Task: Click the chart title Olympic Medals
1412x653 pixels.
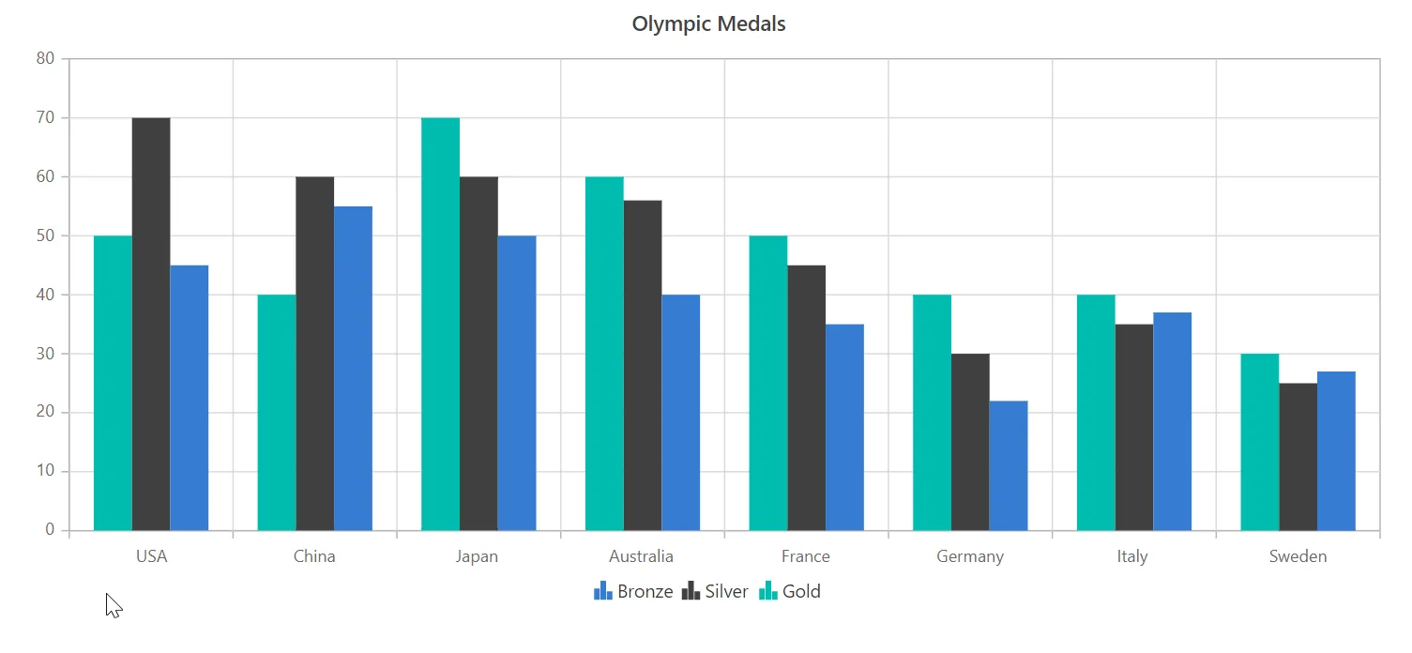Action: point(708,24)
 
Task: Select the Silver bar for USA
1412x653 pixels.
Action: point(151,324)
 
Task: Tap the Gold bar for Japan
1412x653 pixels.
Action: point(441,324)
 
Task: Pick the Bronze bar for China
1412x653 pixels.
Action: point(353,368)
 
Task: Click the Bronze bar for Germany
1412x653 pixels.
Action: point(1009,465)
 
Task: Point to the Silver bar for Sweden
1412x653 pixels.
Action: point(1298,457)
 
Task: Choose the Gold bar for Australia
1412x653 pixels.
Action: point(604,354)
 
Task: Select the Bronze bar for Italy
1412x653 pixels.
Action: point(1173,421)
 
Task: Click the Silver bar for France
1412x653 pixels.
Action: point(807,398)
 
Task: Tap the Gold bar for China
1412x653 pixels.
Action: point(277,412)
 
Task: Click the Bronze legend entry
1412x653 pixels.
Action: point(633,591)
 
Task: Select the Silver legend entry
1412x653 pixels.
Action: point(715,591)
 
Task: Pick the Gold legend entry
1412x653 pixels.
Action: point(790,591)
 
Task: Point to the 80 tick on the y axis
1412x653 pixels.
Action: point(45,58)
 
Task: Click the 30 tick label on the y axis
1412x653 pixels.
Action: point(45,354)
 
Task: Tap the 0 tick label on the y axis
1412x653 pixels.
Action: point(50,530)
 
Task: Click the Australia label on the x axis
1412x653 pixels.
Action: point(641,556)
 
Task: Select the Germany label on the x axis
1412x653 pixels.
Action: point(970,557)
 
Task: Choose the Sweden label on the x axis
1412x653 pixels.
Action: point(1298,556)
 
